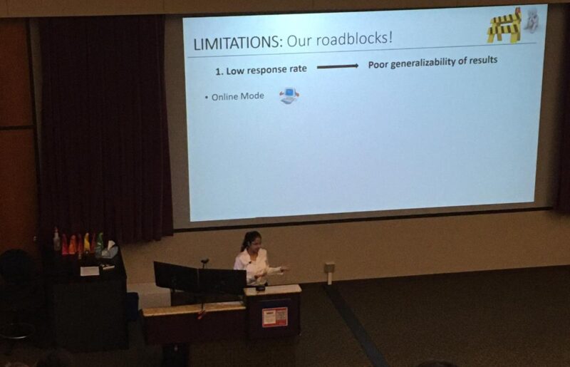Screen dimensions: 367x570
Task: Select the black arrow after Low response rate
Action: [337, 66]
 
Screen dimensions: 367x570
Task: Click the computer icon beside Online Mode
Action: [289, 95]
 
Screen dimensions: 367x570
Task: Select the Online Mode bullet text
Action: [237, 96]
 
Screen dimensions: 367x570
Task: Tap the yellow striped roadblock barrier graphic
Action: [504, 26]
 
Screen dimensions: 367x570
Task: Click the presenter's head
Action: [252, 241]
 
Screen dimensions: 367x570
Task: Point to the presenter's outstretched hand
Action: [283, 269]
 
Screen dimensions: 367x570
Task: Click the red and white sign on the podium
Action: [274, 316]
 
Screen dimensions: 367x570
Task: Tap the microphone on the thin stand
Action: [204, 262]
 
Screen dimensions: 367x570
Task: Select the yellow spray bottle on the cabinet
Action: [87, 243]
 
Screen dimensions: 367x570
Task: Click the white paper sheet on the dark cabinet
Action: [90, 271]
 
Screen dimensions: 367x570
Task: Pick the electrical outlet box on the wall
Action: [329, 268]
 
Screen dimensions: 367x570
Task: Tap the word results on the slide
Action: [481, 60]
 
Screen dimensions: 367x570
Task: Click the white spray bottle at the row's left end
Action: [57, 240]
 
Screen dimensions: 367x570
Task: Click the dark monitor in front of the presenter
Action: [199, 277]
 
